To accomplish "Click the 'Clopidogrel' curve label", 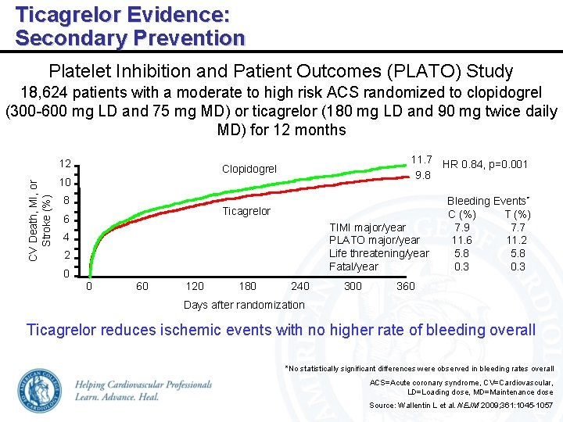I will pyautogui.click(x=249, y=169).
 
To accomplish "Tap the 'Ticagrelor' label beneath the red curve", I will pyautogui.click(x=246, y=211).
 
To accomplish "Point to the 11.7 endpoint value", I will pyautogui.click(x=422, y=159).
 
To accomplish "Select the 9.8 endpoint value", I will pyautogui.click(x=422, y=175).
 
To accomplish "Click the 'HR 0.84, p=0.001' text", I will pyautogui.click(x=485, y=164).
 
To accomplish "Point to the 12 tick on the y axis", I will pyautogui.click(x=66, y=165).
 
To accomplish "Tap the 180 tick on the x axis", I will pyautogui.click(x=247, y=286).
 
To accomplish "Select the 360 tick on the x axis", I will pyautogui.click(x=406, y=286).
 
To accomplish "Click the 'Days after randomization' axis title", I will pyautogui.click(x=244, y=305).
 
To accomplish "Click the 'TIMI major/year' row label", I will pyautogui.click(x=368, y=227).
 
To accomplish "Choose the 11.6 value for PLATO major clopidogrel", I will pyautogui.click(x=462, y=241).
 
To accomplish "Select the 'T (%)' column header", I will pyautogui.click(x=517, y=214).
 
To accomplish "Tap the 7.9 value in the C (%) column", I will pyautogui.click(x=462, y=227).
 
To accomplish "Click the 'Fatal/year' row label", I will pyautogui.click(x=353, y=266).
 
